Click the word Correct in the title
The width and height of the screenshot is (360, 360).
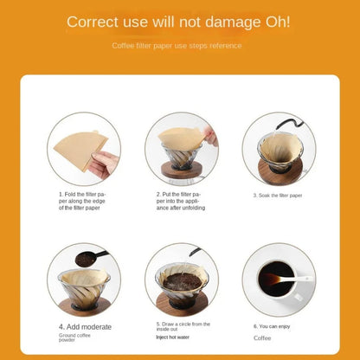tap(97, 21)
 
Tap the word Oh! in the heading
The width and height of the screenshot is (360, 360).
tap(271, 21)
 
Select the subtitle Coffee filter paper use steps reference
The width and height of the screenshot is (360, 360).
tap(180, 45)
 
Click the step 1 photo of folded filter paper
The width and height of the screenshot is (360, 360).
tap(84, 148)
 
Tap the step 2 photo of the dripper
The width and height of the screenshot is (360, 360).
tap(181, 148)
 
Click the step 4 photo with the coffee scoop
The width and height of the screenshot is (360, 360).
tap(84, 279)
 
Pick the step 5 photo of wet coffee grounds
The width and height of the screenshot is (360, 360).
tap(181, 279)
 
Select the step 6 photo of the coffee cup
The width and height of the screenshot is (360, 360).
tap(279, 279)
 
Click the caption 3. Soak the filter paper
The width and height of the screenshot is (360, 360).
tap(278, 196)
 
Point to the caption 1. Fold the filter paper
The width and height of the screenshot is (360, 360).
tap(84, 201)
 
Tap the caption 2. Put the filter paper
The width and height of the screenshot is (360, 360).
tap(181, 201)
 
